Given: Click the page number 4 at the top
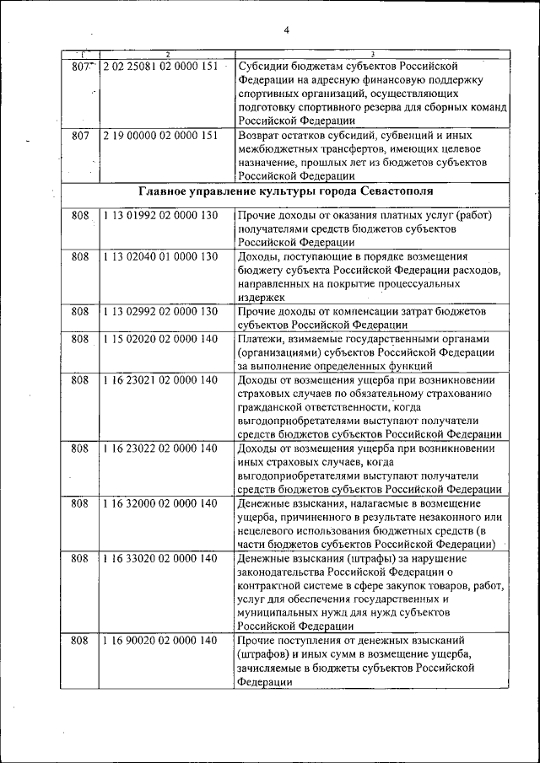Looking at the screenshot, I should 286,30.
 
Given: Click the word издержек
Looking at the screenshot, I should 262,297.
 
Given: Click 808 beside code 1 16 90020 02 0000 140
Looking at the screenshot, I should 80,641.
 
